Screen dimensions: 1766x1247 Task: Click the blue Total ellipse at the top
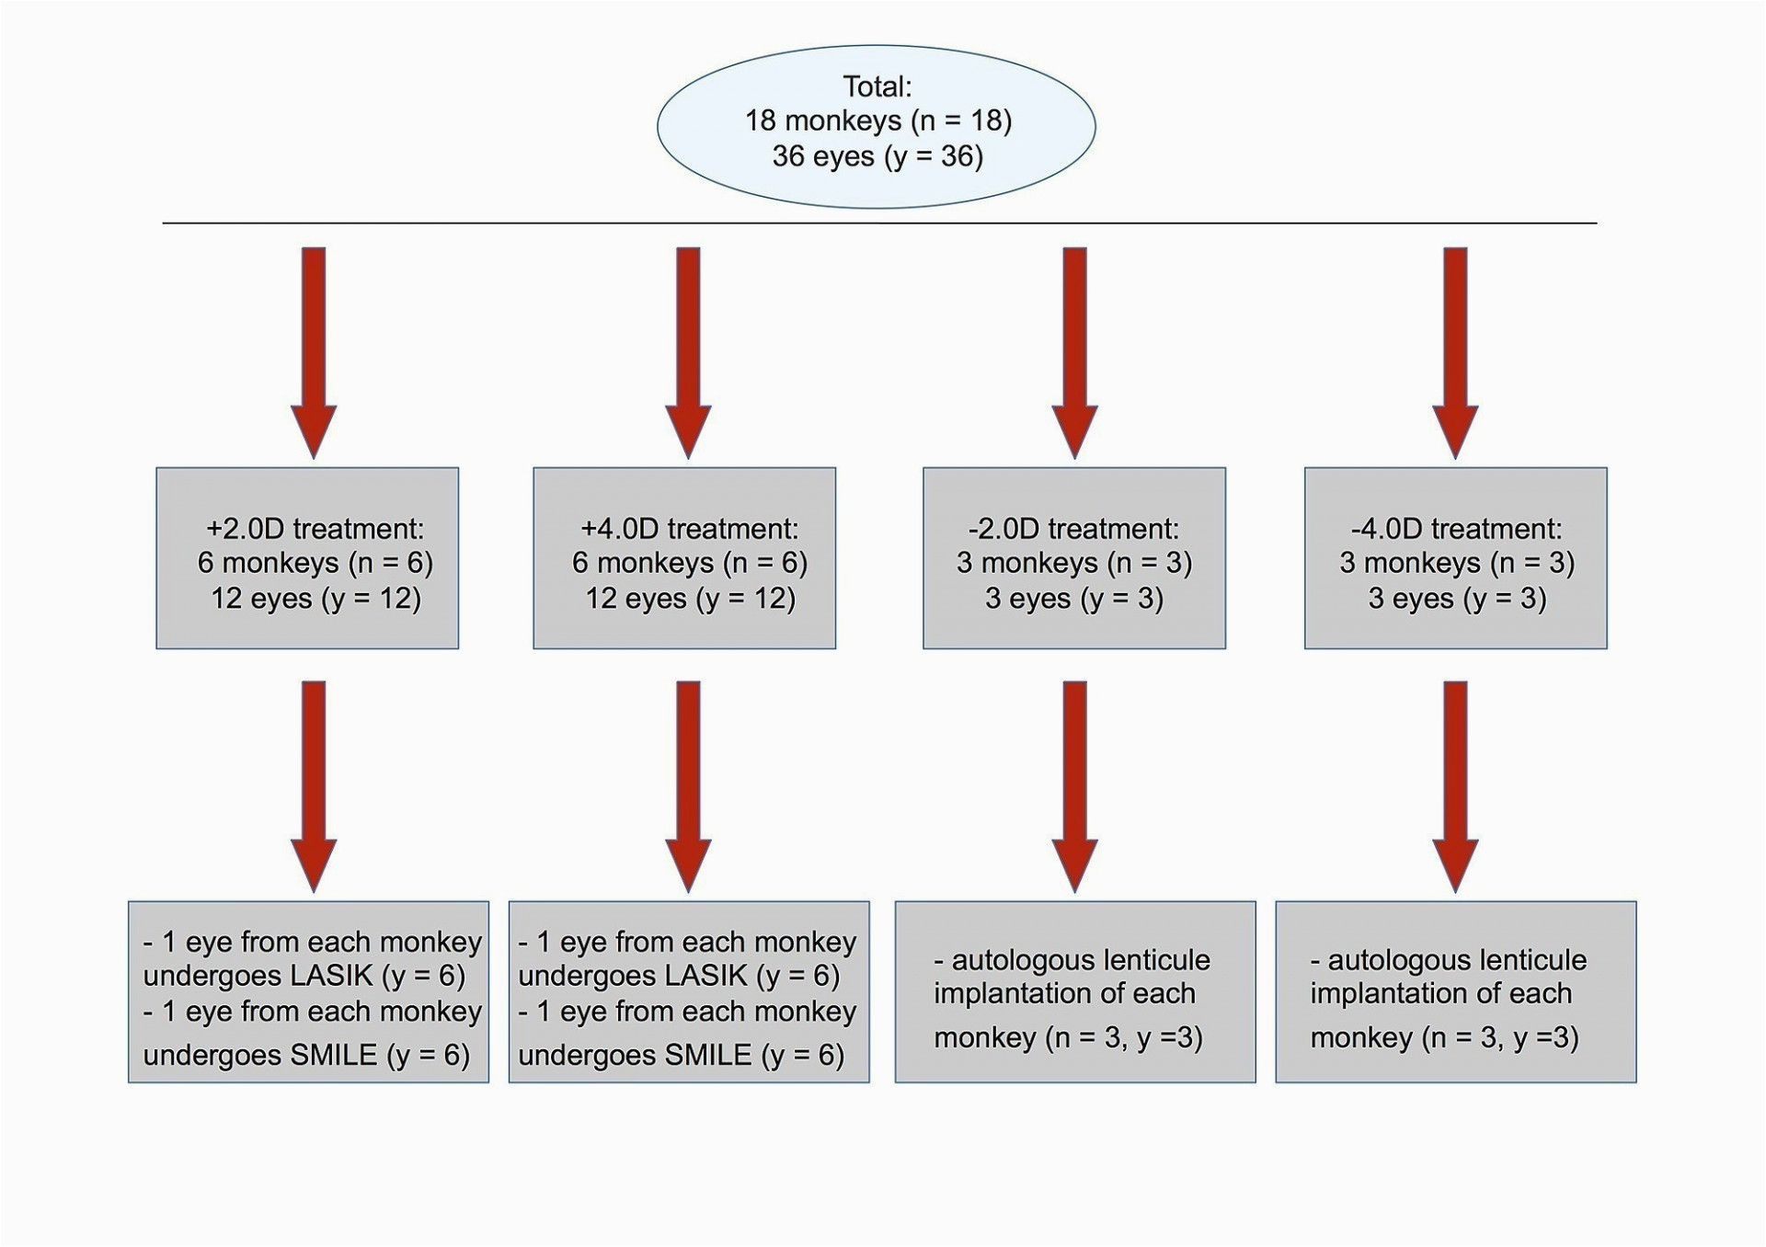[x=876, y=126]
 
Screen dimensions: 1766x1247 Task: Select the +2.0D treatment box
[x=307, y=558]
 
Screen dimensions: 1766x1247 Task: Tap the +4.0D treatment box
[x=684, y=558]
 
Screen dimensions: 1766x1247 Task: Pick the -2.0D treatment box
[x=1074, y=558]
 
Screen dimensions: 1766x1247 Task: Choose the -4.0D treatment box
[x=1456, y=558]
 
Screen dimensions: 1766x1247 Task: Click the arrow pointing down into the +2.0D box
[x=314, y=353]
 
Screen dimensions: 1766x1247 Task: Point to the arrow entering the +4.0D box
[x=688, y=353]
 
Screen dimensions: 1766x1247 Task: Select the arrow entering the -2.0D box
[x=1074, y=353]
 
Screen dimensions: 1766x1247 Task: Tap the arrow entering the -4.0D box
[x=1455, y=353]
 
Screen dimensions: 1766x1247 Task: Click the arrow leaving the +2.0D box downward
[x=314, y=787]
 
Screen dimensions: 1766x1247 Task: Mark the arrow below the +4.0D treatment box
[x=688, y=787]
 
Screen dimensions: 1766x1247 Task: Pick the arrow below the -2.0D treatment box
[x=1074, y=787]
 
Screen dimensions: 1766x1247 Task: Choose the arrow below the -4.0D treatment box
[x=1455, y=787]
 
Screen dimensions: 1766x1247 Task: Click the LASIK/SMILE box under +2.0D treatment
[x=308, y=992]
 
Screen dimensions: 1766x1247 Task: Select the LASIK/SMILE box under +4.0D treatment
[x=689, y=992]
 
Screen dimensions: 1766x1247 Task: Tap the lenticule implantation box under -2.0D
[x=1075, y=992]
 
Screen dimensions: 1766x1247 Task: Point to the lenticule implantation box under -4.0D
[x=1456, y=992]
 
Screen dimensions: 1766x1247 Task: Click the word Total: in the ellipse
[x=877, y=86]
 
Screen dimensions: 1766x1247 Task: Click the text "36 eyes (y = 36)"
[x=877, y=156]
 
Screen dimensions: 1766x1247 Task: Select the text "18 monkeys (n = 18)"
[x=877, y=121]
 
